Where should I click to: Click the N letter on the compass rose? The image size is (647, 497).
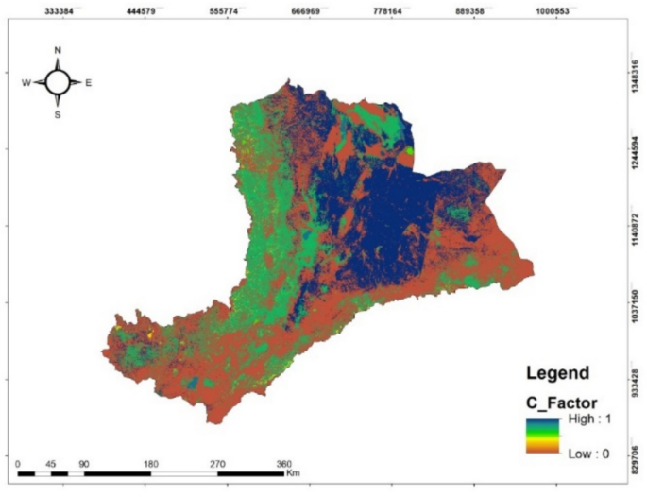(58, 50)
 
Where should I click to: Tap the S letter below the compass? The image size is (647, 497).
(58, 115)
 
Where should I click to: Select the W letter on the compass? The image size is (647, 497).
(26, 83)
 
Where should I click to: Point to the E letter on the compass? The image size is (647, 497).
(89, 83)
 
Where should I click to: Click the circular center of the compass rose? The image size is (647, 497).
(58, 82)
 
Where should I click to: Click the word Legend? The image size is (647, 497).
(557, 373)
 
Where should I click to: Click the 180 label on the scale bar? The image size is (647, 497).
(150, 463)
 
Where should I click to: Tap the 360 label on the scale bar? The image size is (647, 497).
(283, 463)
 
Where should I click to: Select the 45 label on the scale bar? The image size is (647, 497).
(51, 463)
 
